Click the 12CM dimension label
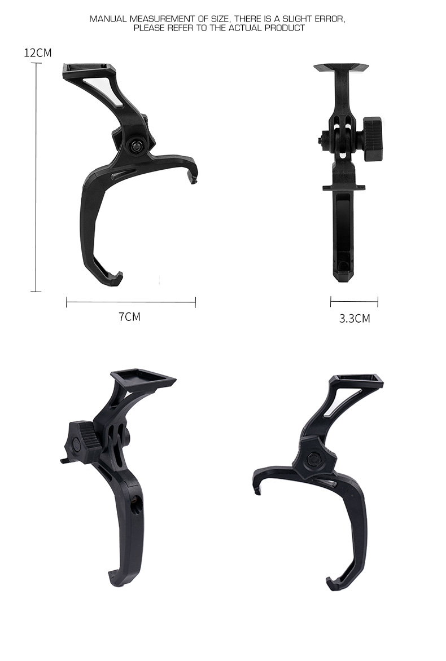coord(38,52)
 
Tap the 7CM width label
coord(129,316)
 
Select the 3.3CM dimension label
coord(355,318)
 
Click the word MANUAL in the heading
coord(108,19)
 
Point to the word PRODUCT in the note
coord(285,28)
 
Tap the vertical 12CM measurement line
coord(36,177)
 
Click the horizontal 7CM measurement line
coord(131,302)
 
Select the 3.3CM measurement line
coord(354,301)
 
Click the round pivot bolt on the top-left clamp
coord(137,146)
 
